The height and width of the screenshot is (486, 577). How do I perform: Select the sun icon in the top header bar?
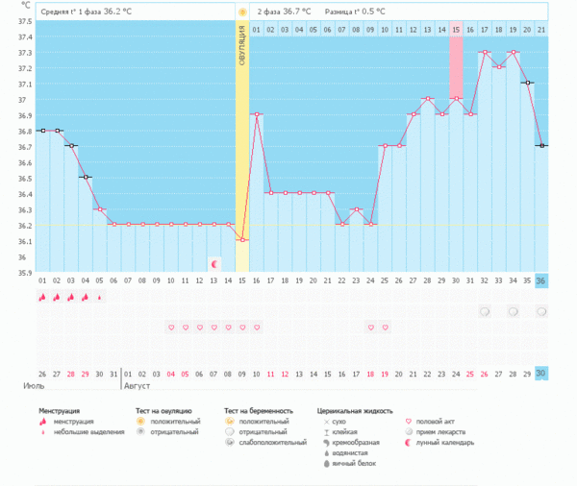click(x=242, y=12)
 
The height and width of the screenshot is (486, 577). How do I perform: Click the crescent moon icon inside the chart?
click(x=214, y=262)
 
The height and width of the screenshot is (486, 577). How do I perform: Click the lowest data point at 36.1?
click(x=242, y=240)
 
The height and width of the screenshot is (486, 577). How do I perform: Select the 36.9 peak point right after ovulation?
click(x=257, y=115)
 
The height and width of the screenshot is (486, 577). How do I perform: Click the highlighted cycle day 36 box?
click(x=541, y=279)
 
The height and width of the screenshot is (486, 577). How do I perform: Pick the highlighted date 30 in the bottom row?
click(x=541, y=373)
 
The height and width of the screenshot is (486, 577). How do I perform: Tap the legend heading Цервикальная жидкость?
click(x=355, y=410)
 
